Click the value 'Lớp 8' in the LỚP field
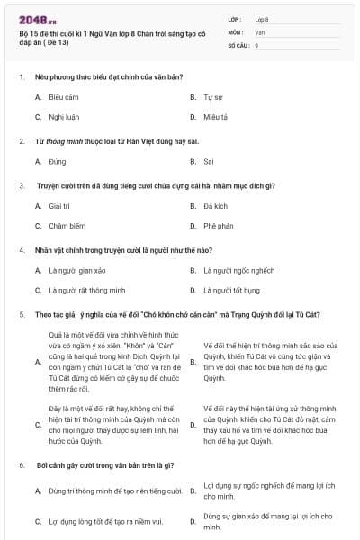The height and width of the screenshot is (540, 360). [263, 18]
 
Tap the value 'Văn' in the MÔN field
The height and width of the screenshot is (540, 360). [259, 31]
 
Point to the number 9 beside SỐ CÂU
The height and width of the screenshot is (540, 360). [257, 44]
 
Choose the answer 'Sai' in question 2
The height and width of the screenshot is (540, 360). [209, 161]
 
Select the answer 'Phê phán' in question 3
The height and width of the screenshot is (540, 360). [218, 226]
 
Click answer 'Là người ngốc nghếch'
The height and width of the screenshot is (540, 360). [238, 269]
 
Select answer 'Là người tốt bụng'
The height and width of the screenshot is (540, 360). [231, 291]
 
